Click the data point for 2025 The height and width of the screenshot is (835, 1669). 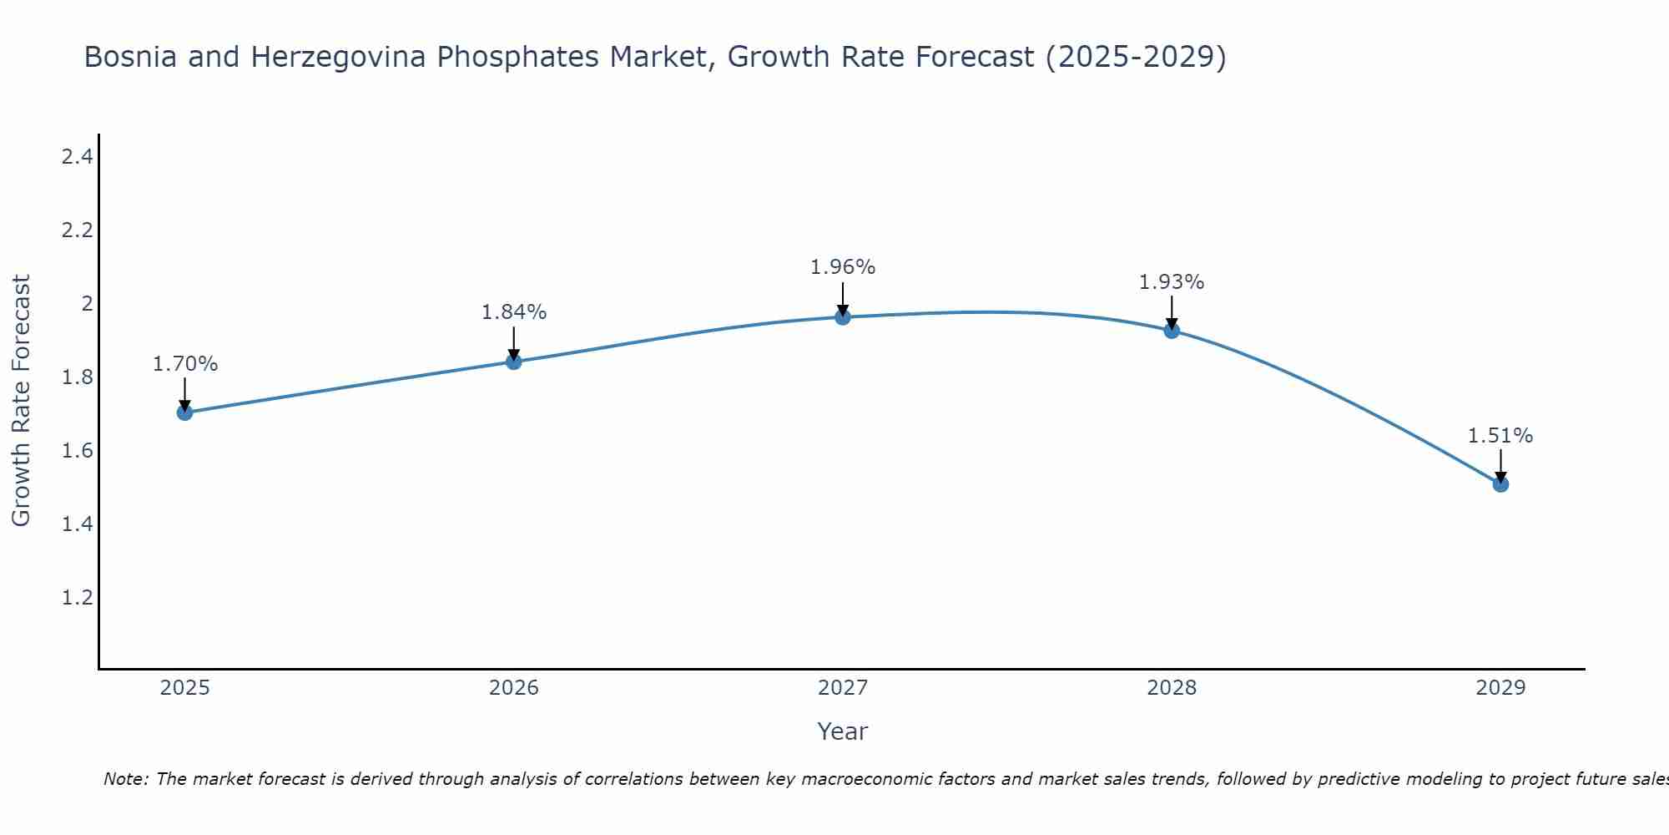tap(185, 412)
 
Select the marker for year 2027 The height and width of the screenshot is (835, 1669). tap(843, 317)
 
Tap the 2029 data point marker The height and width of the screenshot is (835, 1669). tap(1500, 484)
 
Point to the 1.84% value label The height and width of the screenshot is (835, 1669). tap(514, 312)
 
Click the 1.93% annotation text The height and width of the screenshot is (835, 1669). tap(1172, 282)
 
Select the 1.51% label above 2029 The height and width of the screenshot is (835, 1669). tap(1500, 436)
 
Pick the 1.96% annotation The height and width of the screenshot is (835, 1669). tap(843, 267)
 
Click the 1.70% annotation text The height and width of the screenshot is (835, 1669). tap(185, 364)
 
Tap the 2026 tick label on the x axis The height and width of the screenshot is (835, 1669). tap(514, 688)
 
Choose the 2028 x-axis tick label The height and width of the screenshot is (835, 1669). tap(1172, 688)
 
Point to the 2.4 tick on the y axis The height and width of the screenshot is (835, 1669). tap(77, 156)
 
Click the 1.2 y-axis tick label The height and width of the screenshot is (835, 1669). tap(77, 598)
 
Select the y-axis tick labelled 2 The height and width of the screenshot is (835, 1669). tap(86, 304)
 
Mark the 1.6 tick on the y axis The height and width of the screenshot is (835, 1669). tap(77, 451)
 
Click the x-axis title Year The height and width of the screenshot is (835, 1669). tap(843, 731)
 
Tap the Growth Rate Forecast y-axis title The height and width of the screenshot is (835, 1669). tap(22, 401)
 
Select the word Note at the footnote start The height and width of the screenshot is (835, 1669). tap(124, 779)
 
